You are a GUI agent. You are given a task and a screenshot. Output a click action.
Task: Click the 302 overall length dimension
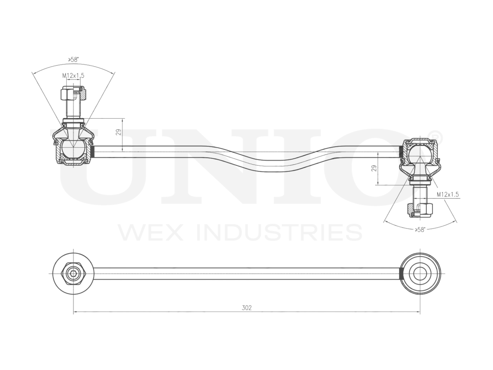[x=246, y=308]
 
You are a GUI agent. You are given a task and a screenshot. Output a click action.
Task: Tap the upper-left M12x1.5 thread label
[x=73, y=76]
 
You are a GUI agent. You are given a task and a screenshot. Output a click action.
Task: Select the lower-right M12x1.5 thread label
[x=448, y=195]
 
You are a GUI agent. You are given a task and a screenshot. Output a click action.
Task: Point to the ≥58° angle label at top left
[x=73, y=59]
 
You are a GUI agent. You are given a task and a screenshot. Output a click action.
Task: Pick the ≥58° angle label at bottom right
[x=420, y=230]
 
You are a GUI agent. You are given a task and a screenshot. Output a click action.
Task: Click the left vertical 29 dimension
[x=119, y=132]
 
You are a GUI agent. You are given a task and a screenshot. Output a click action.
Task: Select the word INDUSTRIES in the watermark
[x=279, y=232]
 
